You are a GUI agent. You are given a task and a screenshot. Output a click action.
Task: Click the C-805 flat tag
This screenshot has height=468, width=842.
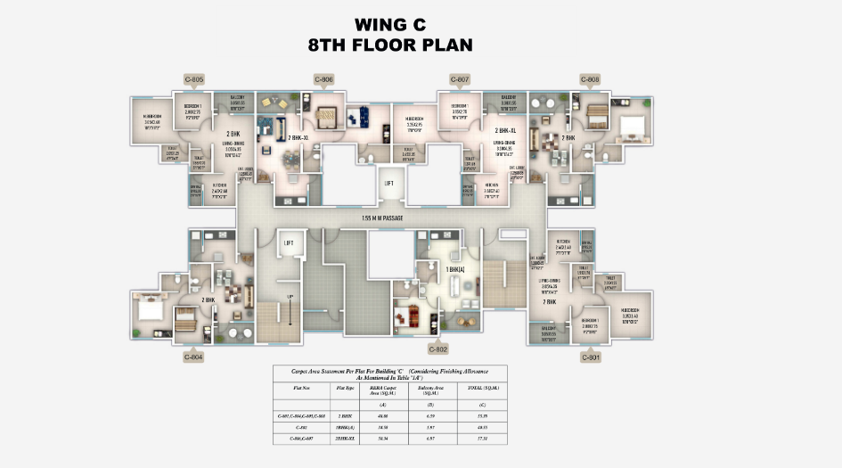coord(194,79)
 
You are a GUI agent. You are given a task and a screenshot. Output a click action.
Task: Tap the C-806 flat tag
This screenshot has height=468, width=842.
coord(324,79)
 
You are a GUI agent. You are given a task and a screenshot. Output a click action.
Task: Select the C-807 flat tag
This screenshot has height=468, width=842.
coord(460,79)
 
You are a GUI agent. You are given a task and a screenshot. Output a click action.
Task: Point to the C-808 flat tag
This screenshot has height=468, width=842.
coord(590,79)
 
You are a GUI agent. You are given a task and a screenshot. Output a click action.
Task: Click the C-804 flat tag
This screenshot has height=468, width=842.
coord(194,357)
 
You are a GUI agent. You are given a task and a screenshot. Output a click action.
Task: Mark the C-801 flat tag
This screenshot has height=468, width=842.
coord(590,357)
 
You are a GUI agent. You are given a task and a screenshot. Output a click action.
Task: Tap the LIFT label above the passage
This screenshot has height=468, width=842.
coord(388,183)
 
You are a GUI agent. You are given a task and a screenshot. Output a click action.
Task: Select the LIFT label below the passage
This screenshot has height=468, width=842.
coord(288,242)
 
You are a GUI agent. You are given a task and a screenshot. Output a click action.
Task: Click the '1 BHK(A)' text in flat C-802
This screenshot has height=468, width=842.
coord(454,268)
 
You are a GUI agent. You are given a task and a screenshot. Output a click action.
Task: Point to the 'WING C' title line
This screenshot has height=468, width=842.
coord(390,24)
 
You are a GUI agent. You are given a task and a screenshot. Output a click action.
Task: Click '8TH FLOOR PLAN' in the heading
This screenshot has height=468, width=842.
coord(390,45)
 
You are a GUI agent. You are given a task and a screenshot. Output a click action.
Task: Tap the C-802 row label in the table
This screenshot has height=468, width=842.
coord(299,426)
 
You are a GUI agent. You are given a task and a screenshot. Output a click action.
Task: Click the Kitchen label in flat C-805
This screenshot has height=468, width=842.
coord(219,188)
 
